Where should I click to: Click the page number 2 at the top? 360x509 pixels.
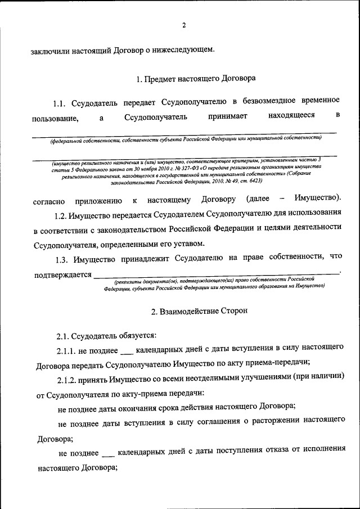pyautogui.click(x=183, y=25)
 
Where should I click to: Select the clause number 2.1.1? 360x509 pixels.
pyautogui.click(x=67, y=349)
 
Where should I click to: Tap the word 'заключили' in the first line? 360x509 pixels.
pyautogui.click(x=51, y=51)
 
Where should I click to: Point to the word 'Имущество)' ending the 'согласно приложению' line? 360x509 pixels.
pyautogui.click(x=319, y=200)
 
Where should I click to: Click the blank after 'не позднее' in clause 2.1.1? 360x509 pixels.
pyautogui.click(x=127, y=351)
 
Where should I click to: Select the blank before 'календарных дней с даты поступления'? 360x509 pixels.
pyautogui.click(x=108, y=453)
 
